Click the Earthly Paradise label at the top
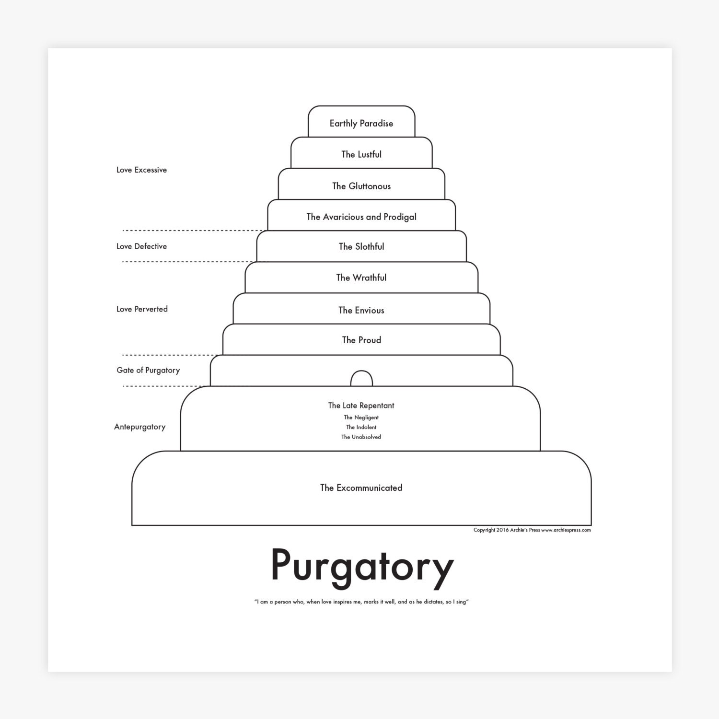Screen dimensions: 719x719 point(361,123)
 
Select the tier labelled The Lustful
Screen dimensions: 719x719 point(361,154)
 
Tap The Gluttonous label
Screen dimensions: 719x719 point(361,186)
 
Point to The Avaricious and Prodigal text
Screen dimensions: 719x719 point(361,217)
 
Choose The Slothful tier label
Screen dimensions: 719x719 point(361,246)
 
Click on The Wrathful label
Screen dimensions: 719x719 point(361,278)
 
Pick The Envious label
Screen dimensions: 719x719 point(361,310)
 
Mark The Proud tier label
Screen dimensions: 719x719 point(361,340)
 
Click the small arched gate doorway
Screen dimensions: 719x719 point(361,379)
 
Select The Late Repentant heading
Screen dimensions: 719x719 point(361,406)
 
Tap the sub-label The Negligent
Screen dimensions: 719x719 point(361,417)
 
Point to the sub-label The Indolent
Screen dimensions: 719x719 point(361,427)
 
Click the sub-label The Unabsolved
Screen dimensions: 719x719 point(361,437)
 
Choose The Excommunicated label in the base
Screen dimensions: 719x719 point(361,488)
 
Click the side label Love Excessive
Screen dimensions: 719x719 point(141,170)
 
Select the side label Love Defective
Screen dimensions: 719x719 point(141,246)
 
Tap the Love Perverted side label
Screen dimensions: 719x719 point(142,309)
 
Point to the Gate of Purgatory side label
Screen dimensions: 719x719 point(148,370)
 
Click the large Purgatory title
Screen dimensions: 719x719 point(361,566)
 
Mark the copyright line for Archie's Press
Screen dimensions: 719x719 point(532,530)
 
